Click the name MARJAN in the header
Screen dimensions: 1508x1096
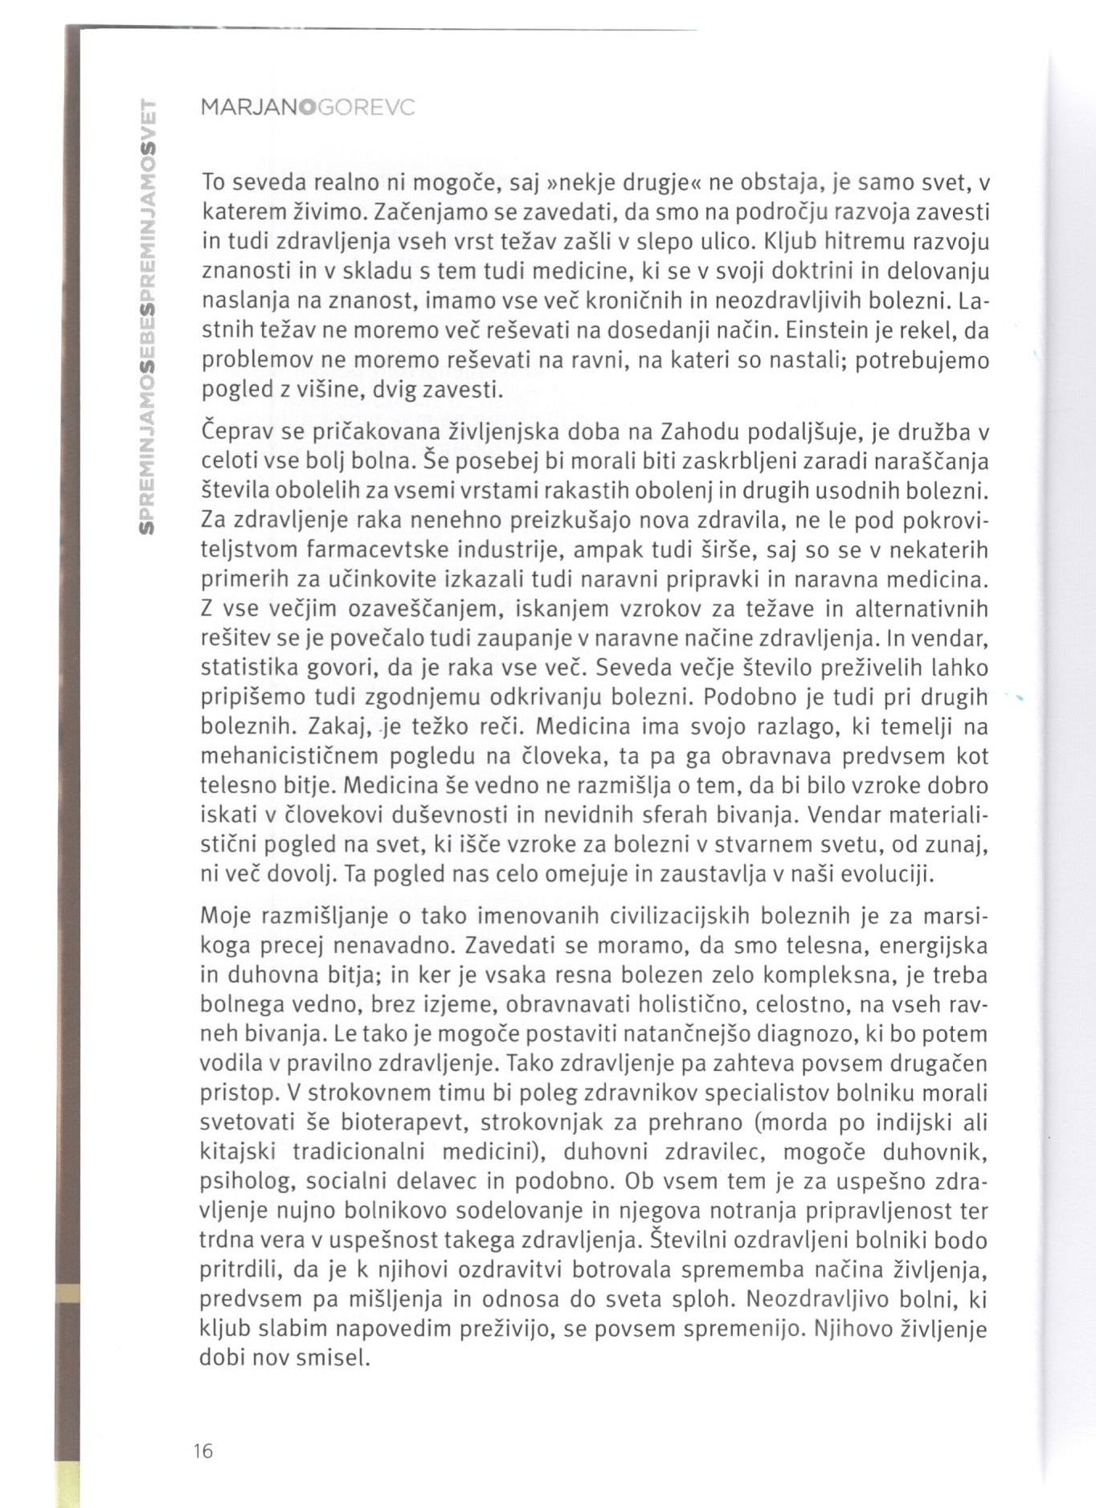point(247,107)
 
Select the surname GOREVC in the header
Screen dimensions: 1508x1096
point(366,107)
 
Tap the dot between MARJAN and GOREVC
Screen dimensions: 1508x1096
point(305,107)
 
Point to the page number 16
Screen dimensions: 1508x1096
point(202,1450)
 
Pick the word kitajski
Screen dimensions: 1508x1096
point(237,1151)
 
